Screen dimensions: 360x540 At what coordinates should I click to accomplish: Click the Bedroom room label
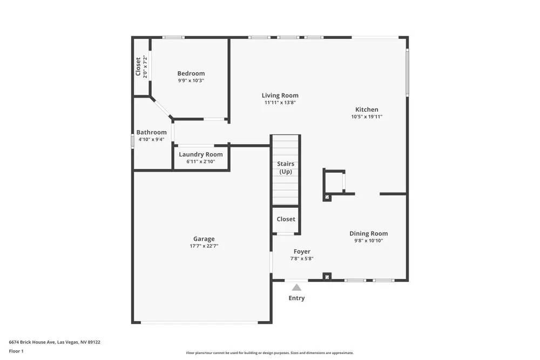[191, 73]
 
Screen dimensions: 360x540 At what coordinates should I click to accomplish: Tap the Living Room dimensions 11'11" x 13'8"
[280, 103]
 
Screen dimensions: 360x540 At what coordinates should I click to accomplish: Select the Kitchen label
[367, 110]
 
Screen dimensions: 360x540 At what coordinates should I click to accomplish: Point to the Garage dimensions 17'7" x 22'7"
[204, 246]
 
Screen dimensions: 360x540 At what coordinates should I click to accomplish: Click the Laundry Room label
[201, 154]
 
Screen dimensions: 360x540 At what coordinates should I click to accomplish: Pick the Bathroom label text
[151, 132]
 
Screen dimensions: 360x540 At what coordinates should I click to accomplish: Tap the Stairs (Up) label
[286, 167]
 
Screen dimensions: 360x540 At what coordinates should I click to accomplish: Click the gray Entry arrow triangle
[296, 287]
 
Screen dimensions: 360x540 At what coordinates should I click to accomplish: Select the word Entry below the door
[296, 298]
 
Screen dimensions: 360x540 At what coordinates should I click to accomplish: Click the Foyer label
[302, 252]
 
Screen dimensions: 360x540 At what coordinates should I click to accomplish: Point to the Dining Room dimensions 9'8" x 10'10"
[368, 241]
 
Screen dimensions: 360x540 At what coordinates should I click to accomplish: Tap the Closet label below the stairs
[286, 219]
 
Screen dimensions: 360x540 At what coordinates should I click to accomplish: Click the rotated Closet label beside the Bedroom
[138, 67]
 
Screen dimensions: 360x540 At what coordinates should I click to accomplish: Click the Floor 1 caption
[16, 351]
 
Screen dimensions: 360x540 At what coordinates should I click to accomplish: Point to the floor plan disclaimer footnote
[270, 352]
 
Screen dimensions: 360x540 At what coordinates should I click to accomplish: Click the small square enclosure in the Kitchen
[334, 181]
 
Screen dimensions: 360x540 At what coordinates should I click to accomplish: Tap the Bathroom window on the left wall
[133, 140]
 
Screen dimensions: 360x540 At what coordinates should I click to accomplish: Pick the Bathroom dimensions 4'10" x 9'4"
[151, 139]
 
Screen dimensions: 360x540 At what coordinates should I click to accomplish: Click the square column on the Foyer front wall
[326, 277]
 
